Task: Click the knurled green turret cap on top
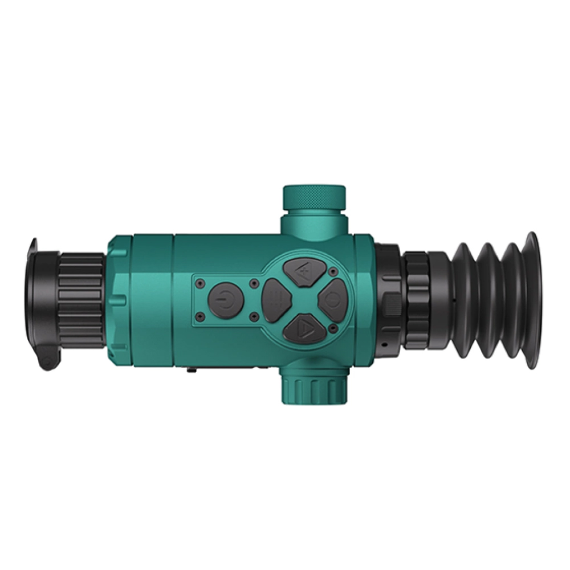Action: pyautogui.click(x=314, y=197)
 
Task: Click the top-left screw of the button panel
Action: pyautogui.click(x=200, y=282)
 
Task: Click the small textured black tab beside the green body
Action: pyautogui.click(x=391, y=305)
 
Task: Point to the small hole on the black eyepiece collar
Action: pyautogui.click(x=386, y=345)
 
